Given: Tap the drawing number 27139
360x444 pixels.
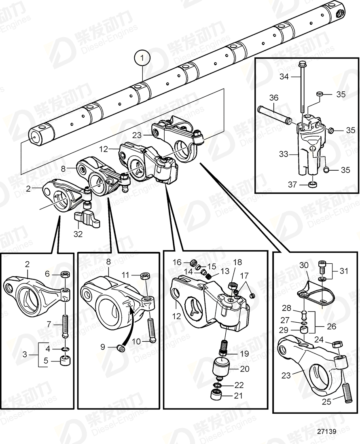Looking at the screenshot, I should [x=327, y=431].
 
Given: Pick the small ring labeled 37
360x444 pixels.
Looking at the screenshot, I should [x=311, y=185].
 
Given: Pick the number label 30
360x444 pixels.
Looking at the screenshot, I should [x=303, y=265].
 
